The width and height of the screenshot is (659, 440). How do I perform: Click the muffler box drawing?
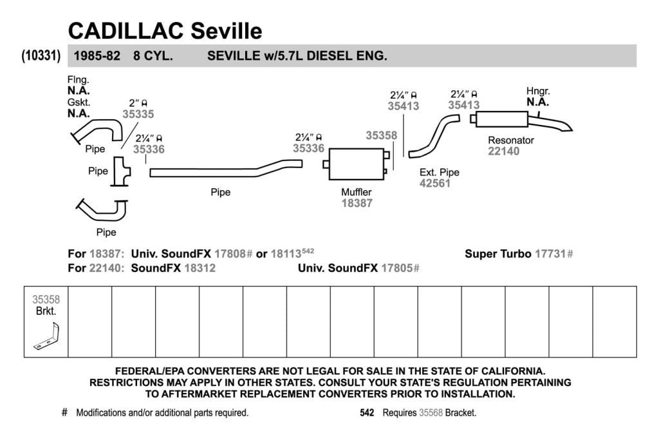click(x=357, y=164)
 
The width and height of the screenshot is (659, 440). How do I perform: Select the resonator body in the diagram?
click(x=502, y=119)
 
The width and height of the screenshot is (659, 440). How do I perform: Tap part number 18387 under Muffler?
click(x=357, y=203)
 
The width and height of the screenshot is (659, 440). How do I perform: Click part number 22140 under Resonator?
click(x=503, y=151)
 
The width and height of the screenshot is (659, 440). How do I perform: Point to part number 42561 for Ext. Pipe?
click(x=435, y=183)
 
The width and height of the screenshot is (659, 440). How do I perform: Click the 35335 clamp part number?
click(x=138, y=114)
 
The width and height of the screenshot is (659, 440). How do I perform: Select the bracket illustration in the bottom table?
click(x=46, y=336)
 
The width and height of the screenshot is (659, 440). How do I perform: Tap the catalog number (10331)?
click(x=41, y=55)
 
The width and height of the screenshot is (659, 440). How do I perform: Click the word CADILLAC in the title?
click(x=126, y=31)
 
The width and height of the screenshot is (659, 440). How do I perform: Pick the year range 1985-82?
click(x=97, y=56)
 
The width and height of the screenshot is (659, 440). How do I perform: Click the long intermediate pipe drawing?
click(x=226, y=168)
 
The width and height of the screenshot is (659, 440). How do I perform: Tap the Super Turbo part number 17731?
click(x=550, y=254)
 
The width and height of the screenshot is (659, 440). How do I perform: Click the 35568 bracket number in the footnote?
click(x=431, y=413)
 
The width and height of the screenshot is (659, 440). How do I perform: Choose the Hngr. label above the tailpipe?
click(x=538, y=91)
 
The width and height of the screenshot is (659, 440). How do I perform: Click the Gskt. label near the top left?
click(x=79, y=102)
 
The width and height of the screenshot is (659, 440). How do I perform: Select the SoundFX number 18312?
click(x=200, y=268)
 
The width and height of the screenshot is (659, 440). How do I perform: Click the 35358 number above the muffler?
click(x=381, y=135)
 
